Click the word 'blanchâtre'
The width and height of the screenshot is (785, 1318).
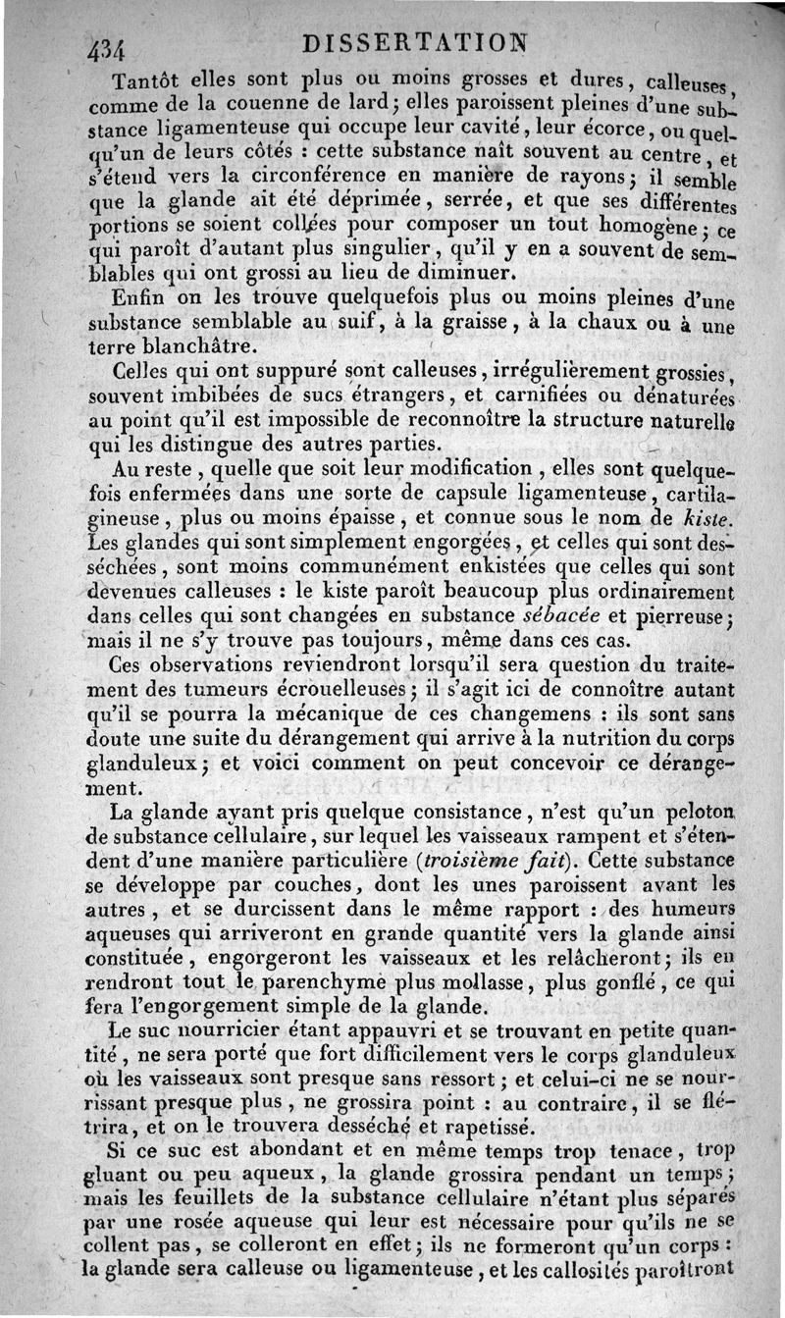point(183,347)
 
